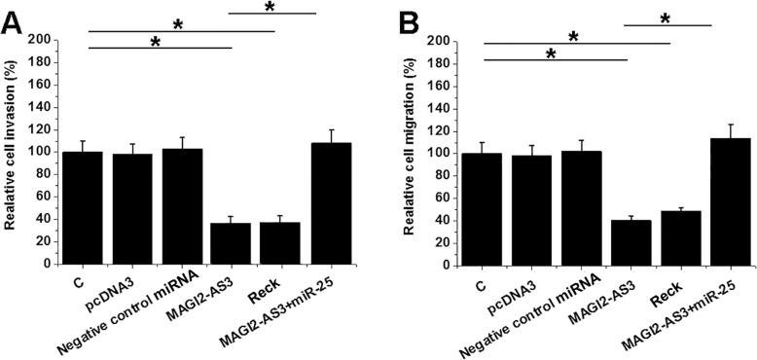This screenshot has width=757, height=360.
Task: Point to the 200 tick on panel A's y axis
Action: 40,40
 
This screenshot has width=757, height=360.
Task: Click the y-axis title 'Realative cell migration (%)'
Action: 415,151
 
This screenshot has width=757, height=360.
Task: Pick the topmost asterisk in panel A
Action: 270,7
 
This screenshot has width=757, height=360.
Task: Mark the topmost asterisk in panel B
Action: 666,18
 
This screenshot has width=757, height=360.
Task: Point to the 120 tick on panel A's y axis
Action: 40,129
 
